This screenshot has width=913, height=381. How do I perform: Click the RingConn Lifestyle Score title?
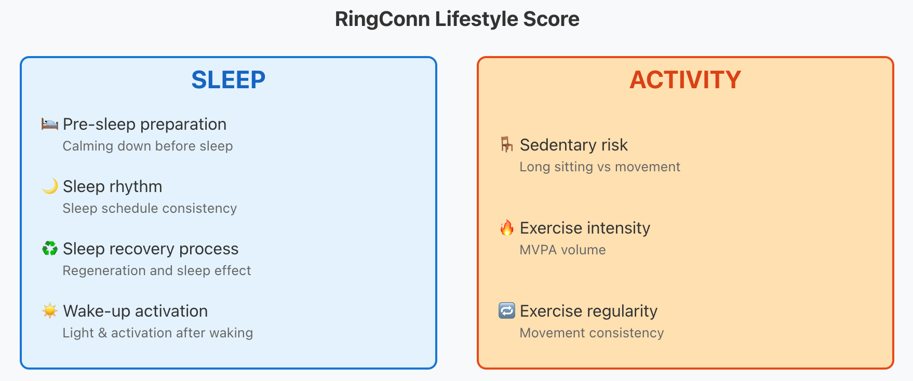(457, 19)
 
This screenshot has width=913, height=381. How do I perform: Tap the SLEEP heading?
(229, 80)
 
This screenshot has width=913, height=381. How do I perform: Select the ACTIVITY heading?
(686, 80)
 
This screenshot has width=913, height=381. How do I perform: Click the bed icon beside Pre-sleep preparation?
(50, 124)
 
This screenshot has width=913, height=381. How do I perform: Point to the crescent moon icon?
(50, 186)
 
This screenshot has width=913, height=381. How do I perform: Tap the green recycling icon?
(50, 249)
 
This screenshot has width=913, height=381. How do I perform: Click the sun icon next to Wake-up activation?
(50, 311)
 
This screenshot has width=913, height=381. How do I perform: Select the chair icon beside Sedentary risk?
(507, 145)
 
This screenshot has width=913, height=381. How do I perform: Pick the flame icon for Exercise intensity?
(507, 227)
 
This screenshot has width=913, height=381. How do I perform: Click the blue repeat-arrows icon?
(507, 311)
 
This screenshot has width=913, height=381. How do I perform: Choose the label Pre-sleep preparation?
(144, 125)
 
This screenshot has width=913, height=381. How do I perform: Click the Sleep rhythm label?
(113, 187)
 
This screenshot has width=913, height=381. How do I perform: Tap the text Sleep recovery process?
(151, 249)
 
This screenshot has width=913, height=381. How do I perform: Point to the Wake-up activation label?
(136, 311)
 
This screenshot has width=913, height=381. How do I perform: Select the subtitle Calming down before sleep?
(148, 146)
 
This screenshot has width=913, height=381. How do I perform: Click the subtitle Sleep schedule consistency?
(150, 209)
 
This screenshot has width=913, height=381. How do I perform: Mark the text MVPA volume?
(563, 250)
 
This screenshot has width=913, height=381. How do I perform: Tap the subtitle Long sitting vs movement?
(600, 167)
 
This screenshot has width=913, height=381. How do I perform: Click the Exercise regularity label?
(589, 311)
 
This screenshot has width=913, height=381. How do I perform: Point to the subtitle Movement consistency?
(592, 333)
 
